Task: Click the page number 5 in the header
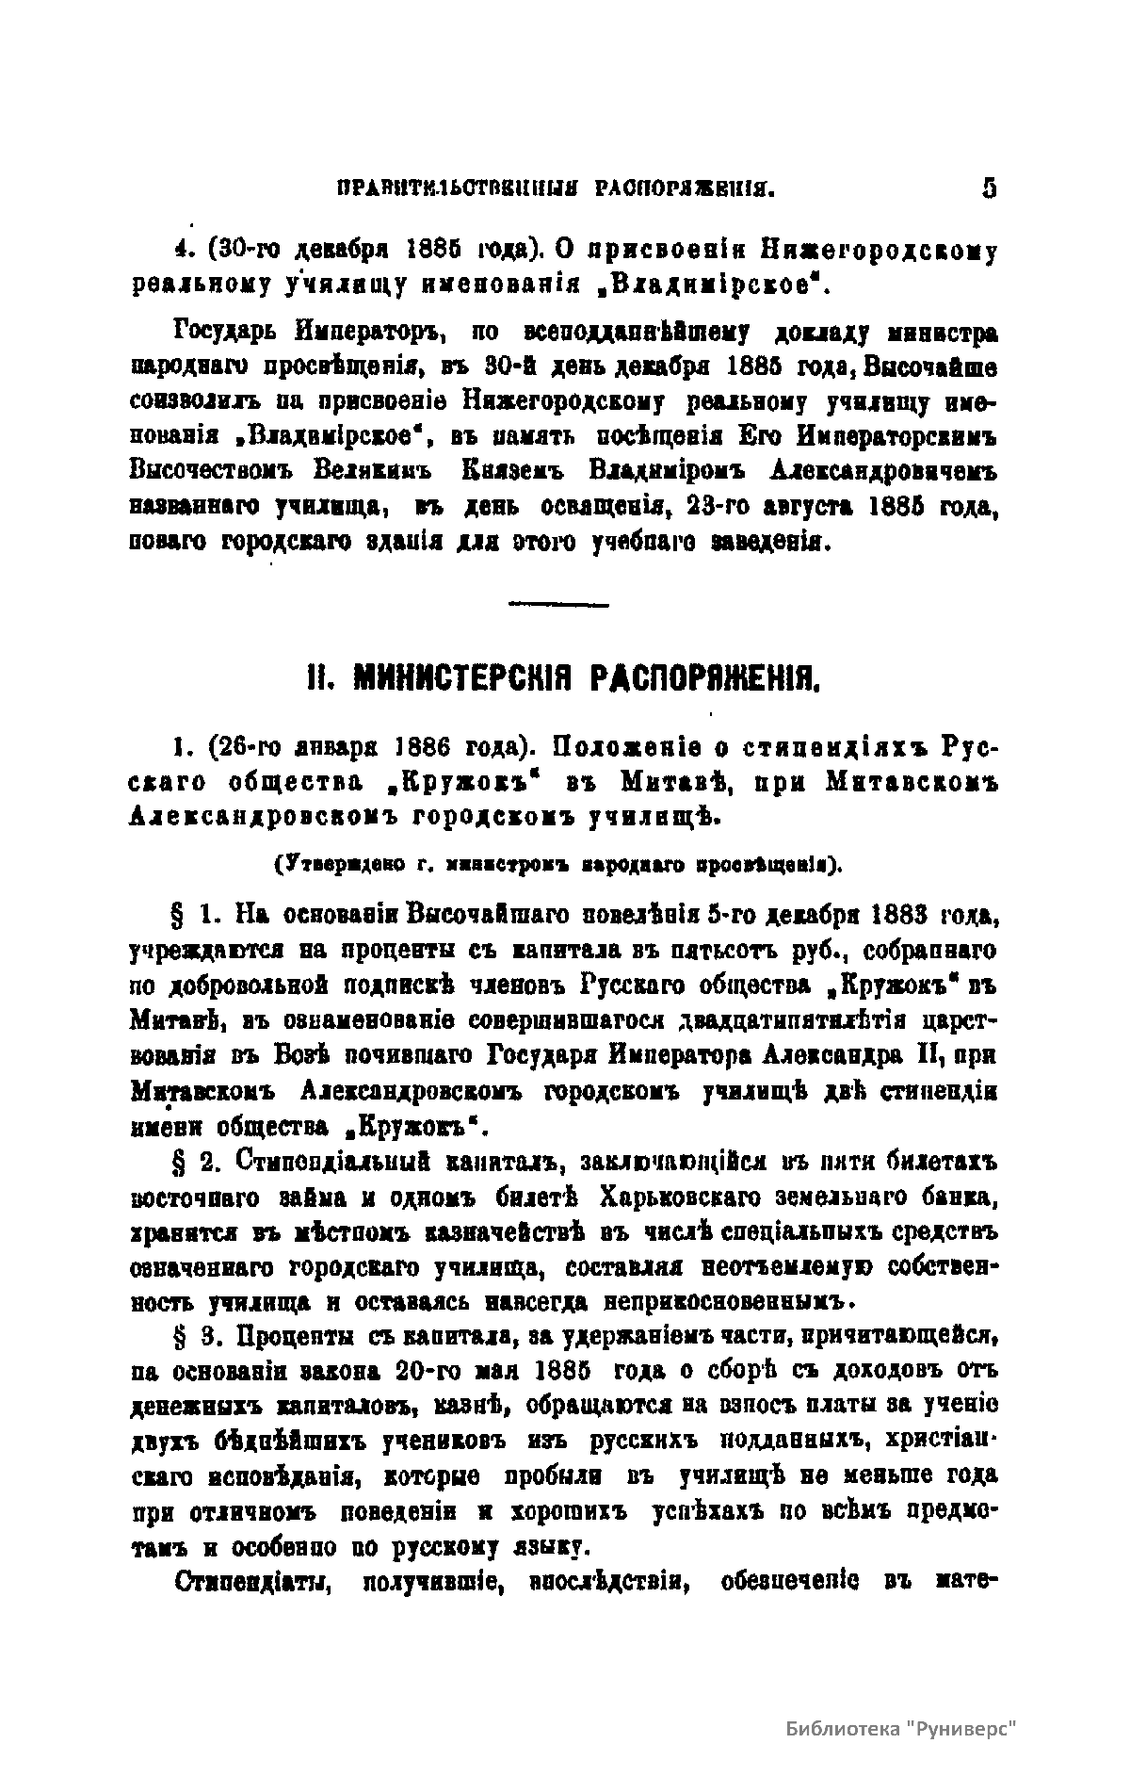pyautogui.click(x=988, y=188)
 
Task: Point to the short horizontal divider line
pyautogui.click(x=558, y=604)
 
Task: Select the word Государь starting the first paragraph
pyautogui.click(x=216, y=333)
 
